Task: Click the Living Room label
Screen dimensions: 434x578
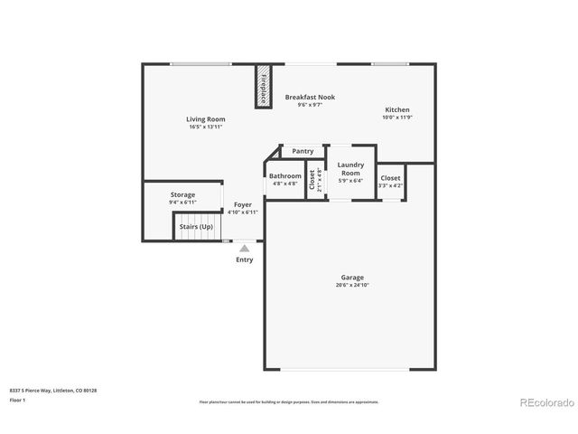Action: click(206, 118)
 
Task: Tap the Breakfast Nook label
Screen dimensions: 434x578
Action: click(310, 97)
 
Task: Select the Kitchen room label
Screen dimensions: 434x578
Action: click(396, 109)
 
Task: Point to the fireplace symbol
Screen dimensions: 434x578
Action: click(263, 86)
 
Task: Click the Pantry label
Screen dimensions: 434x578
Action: click(303, 151)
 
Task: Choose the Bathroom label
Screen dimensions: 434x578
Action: click(284, 175)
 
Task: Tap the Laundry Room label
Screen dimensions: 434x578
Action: click(350, 168)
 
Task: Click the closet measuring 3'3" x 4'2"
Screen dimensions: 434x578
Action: click(390, 178)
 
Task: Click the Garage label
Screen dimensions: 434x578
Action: click(352, 277)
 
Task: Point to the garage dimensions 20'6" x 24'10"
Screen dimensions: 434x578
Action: click(352, 285)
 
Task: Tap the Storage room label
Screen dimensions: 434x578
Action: click(182, 194)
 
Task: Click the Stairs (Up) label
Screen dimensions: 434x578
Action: click(195, 225)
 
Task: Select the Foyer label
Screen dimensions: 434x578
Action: click(242, 204)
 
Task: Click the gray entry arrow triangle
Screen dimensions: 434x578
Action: click(244, 247)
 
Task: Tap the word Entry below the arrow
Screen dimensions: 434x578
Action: click(244, 259)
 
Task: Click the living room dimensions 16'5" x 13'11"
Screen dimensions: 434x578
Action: click(206, 127)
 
